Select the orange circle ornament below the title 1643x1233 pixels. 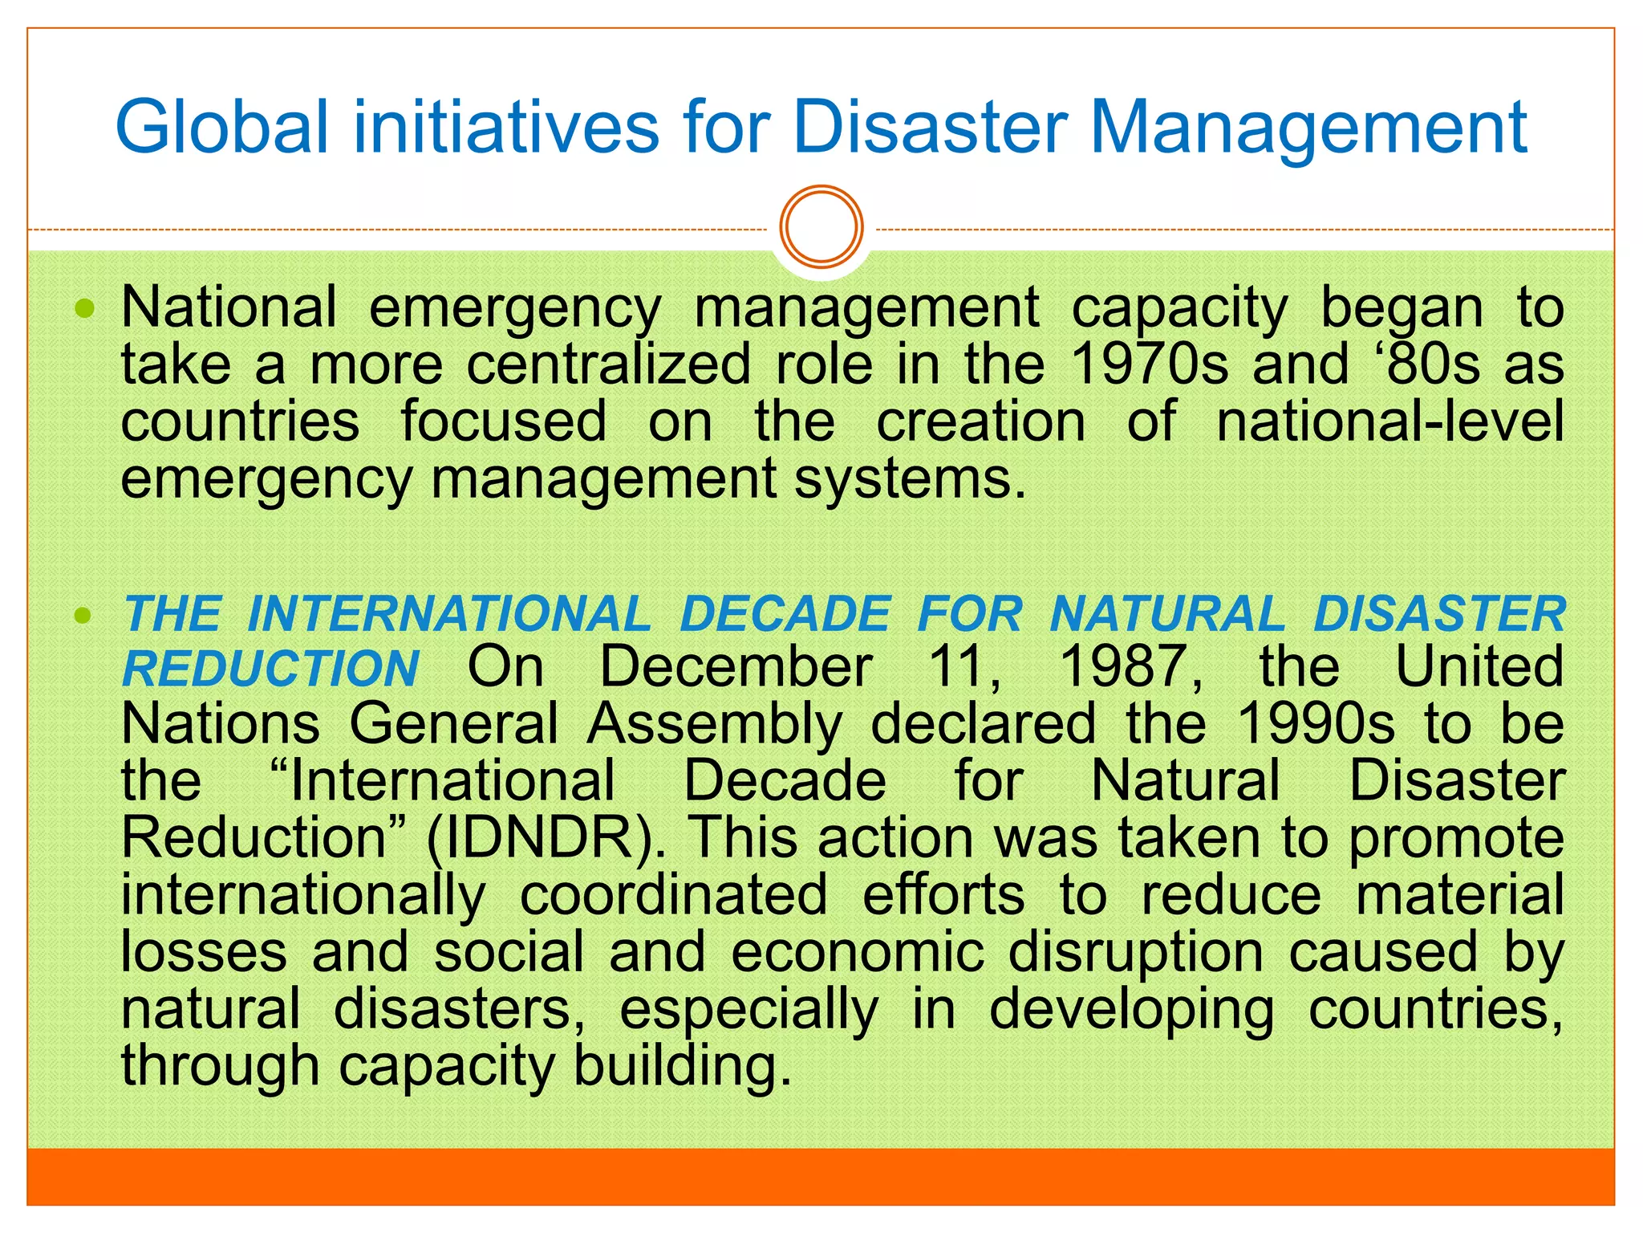[x=821, y=227]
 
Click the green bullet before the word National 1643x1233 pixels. [x=84, y=308]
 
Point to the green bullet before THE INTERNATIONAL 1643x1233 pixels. [x=83, y=616]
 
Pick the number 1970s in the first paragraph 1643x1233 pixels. [x=1149, y=364]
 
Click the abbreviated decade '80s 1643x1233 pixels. [x=1430, y=364]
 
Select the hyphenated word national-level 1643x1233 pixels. [x=1389, y=421]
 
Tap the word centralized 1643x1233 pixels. [x=609, y=364]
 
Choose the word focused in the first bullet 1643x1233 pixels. [x=503, y=421]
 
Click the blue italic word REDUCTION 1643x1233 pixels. [x=271, y=669]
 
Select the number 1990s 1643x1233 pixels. [x=1316, y=724]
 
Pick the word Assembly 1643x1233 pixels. [x=715, y=726]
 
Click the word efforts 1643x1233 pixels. [x=943, y=895]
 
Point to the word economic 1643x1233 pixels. [x=858, y=952]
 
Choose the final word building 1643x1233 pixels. [x=683, y=1066]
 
